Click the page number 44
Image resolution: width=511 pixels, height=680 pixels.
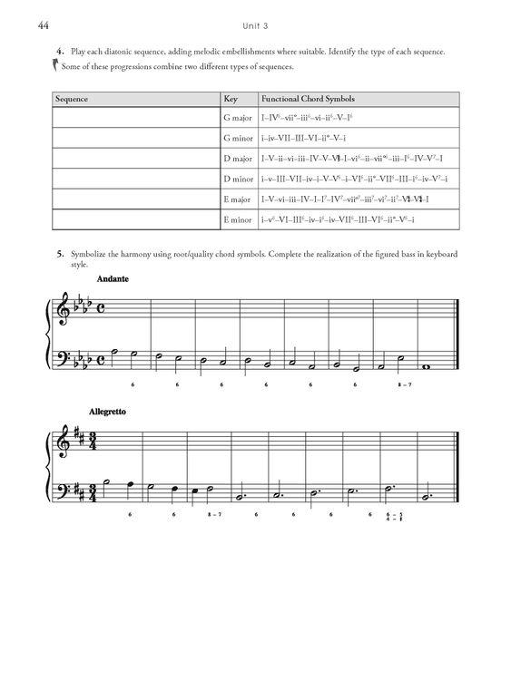(43, 26)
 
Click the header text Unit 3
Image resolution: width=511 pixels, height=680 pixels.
(255, 26)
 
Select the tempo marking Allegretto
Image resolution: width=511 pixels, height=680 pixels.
(109, 412)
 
